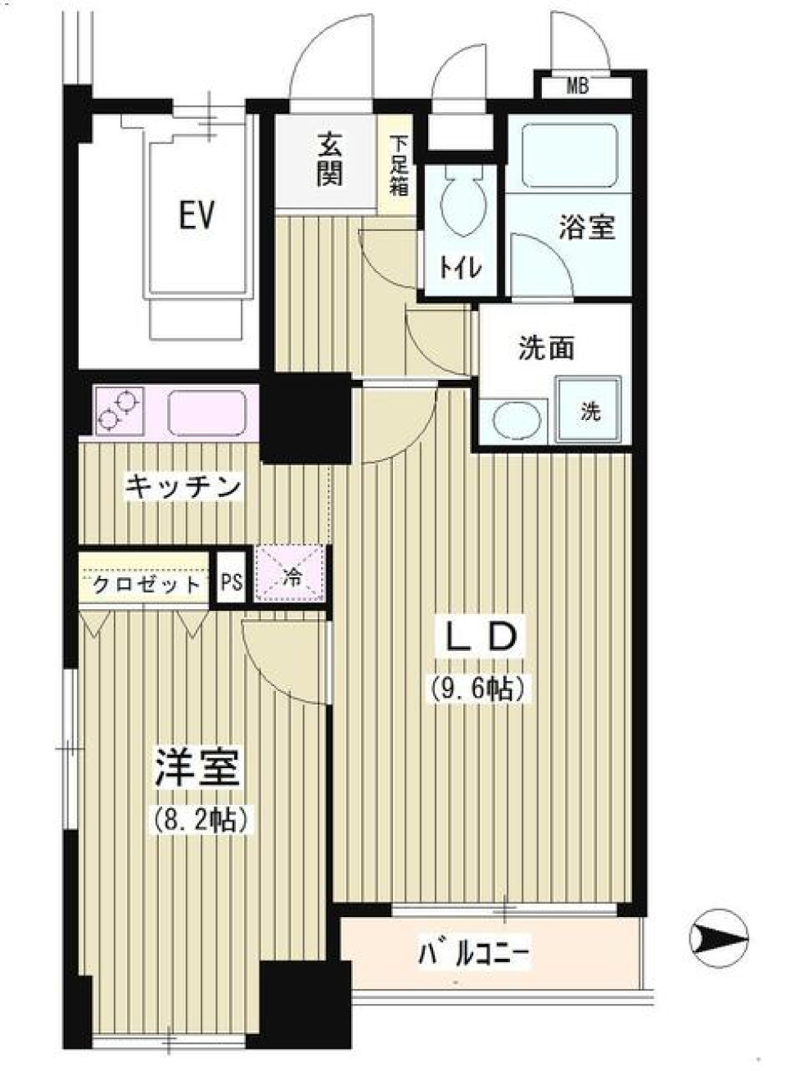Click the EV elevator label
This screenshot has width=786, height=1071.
point(197,215)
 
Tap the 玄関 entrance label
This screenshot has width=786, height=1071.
point(329,160)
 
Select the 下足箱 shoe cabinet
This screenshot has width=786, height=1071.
point(399,165)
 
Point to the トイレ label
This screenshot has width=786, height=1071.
point(461,268)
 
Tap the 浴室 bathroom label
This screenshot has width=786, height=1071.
point(587,227)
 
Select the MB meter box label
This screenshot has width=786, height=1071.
point(578,86)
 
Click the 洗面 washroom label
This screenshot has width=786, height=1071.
point(546,349)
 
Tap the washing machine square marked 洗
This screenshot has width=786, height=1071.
point(589,410)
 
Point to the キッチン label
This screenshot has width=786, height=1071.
point(183,487)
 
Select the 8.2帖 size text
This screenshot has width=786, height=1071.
point(200,818)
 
